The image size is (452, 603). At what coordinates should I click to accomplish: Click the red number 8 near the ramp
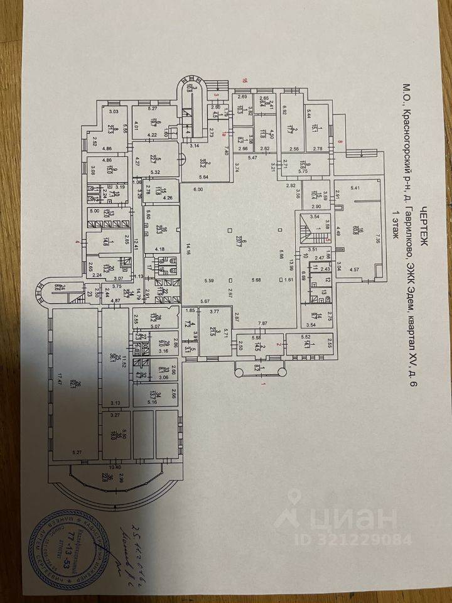click(x=341, y=143)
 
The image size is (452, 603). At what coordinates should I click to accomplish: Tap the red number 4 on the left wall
click(x=78, y=241)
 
